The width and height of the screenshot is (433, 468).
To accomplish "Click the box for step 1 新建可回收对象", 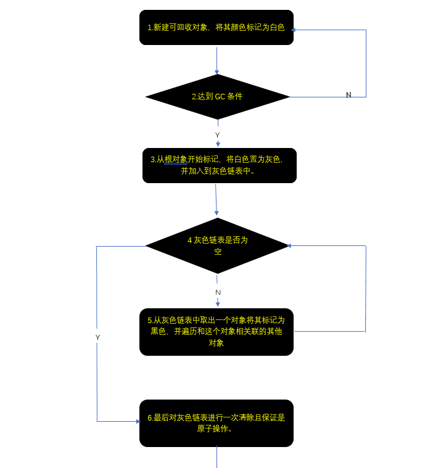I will (x=216, y=27).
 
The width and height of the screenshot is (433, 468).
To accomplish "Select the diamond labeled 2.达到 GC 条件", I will (x=217, y=97).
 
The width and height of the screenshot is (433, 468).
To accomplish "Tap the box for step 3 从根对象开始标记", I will (x=219, y=165).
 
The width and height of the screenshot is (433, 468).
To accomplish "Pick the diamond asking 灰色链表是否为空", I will (x=217, y=245).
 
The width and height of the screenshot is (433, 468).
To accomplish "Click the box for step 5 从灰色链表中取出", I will (x=216, y=332).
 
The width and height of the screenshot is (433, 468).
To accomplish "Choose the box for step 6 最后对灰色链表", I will (x=216, y=423).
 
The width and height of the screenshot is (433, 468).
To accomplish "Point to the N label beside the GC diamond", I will (x=348, y=95).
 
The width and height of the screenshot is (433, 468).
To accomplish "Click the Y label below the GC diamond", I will (x=217, y=135).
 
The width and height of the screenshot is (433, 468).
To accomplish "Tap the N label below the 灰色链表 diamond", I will (x=218, y=292).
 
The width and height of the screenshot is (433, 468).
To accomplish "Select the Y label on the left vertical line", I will (x=97, y=337).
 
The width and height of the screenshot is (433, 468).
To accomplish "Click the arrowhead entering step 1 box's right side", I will (x=294, y=30).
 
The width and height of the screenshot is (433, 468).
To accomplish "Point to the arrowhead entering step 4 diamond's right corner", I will (x=289, y=246).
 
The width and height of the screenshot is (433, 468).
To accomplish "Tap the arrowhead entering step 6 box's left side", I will (x=138, y=422).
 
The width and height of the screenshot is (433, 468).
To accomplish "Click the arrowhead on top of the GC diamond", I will (x=216, y=72).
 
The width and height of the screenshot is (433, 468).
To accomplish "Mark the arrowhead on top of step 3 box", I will (x=218, y=145).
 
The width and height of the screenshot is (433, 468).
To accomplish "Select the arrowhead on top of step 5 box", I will (x=218, y=304).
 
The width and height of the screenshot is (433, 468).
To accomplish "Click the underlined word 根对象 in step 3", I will (x=176, y=159).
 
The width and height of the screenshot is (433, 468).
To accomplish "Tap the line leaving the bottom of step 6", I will (x=216, y=457).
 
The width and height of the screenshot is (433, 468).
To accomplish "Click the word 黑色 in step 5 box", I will (x=159, y=331).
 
